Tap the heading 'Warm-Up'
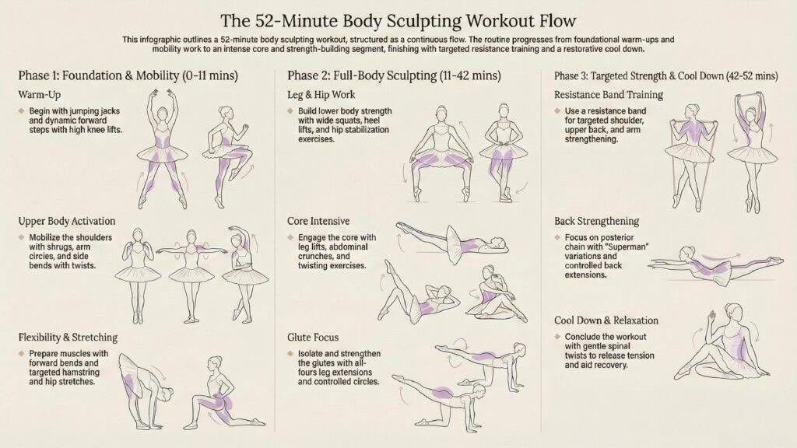39,95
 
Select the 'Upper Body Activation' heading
67,222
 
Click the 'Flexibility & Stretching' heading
68,338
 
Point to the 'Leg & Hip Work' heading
321,95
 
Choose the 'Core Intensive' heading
318,222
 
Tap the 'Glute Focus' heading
313,338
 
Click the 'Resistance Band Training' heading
609,95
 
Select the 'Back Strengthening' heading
597,222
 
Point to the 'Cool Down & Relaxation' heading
606,320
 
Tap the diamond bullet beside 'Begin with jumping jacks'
21,110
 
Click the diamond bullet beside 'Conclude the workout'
557,337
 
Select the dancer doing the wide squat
441,153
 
